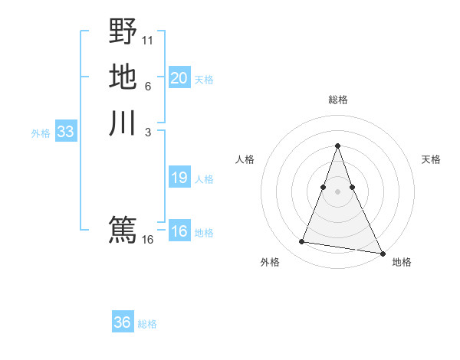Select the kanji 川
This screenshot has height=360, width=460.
pos(123,123)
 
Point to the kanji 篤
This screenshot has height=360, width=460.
pos(123,229)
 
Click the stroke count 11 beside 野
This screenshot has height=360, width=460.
pos(148,39)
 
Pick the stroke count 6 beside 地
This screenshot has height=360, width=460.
pos(148,86)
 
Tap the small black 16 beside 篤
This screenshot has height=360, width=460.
pos(148,240)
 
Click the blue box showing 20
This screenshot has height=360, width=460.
pos(179,77)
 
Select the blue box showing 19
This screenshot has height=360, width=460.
pos(179,178)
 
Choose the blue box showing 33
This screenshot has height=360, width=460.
pos(65,132)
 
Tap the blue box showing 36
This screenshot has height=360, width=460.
pos(122,322)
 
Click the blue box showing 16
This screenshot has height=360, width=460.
pos(179,232)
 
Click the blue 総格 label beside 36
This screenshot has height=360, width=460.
pos(147,324)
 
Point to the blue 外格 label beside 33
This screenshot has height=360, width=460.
pos(41,133)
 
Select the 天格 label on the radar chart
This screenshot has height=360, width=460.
pos(431,159)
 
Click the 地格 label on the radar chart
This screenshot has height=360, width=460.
pos(402,262)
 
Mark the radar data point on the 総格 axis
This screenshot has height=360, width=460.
pos(337,146)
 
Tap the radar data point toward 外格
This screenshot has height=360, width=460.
pos(302,242)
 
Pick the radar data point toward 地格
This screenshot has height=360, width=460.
pos(382,254)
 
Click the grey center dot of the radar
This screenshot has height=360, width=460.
pos(337,181)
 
